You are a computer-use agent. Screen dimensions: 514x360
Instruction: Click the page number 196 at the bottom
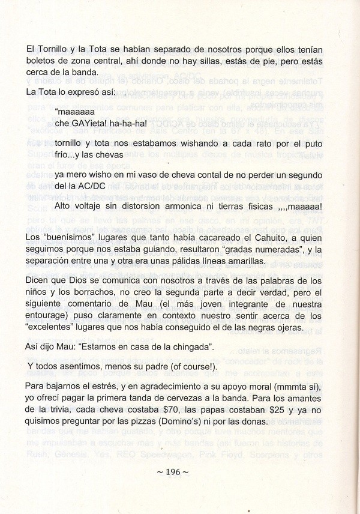[x=173, y=472]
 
